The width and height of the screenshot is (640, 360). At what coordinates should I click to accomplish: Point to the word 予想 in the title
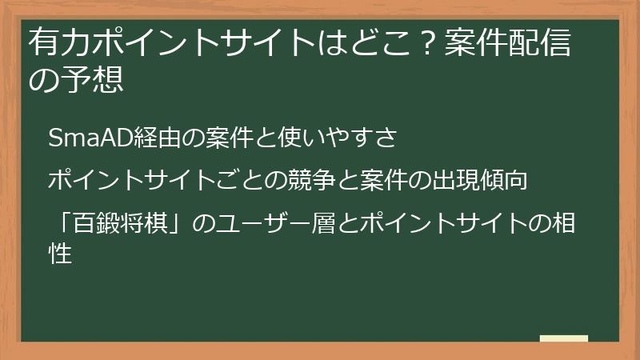point(98,80)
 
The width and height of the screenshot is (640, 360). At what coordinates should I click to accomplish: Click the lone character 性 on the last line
point(62,254)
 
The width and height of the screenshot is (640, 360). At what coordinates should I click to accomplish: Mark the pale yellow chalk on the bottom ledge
point(563,338)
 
